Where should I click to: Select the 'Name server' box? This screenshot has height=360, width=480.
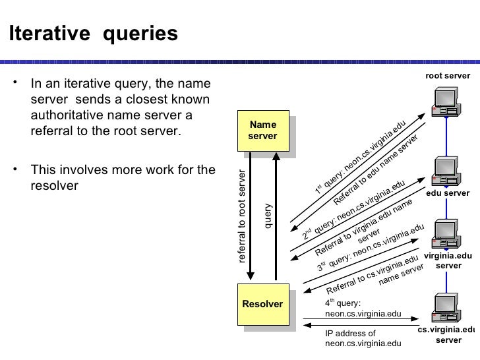point(262,131)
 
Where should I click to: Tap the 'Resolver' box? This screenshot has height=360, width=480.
point(262,305)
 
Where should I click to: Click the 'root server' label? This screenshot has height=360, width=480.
point(448,76)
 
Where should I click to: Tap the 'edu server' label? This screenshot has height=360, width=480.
point(448,193)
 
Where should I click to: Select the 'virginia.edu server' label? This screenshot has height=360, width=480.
point(449,260)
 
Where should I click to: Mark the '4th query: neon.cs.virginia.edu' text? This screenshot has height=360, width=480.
point(363,309)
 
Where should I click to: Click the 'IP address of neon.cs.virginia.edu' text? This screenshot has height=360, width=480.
point(363,338)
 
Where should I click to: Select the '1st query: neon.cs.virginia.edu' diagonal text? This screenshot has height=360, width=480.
point(359,158)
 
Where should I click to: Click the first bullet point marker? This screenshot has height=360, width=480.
point(16,84)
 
